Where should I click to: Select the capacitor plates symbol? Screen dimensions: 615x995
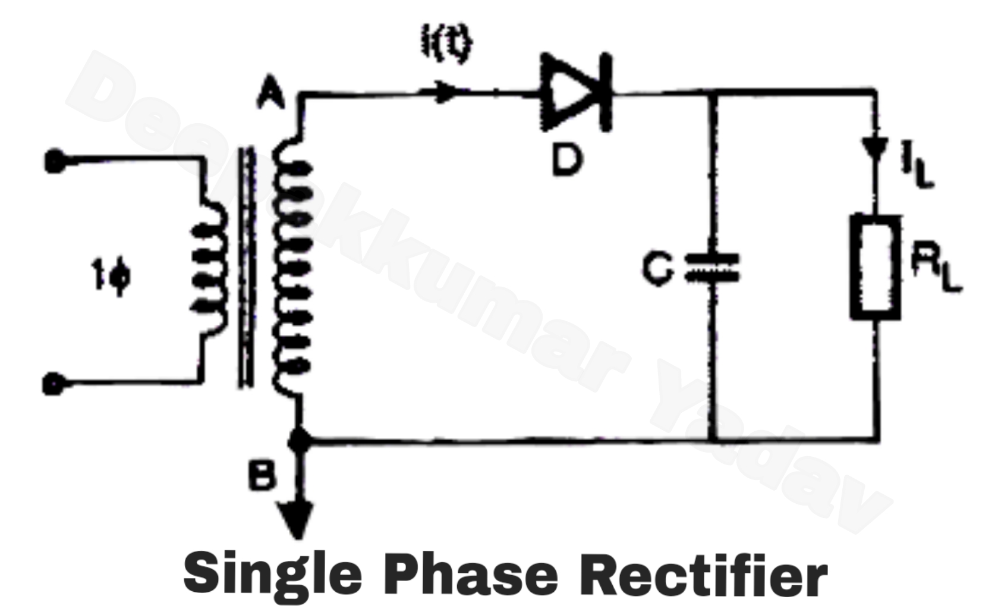click(714, 268)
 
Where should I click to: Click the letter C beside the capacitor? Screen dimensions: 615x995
click(658, 268)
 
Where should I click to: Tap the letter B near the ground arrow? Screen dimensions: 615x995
click(262, 476)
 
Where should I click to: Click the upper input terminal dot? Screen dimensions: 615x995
click(55, 161)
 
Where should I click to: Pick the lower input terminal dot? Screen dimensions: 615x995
click(53, 384)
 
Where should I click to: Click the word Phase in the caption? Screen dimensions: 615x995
click(470, 574)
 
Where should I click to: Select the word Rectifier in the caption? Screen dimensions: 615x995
click(707, 574)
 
